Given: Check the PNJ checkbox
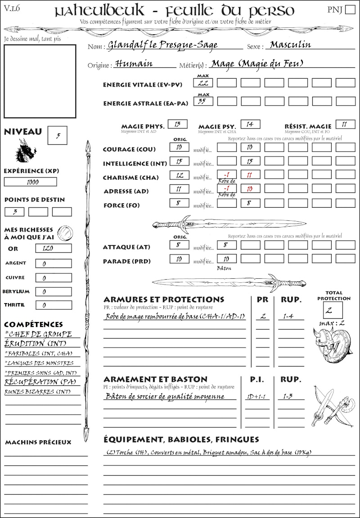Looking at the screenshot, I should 349,10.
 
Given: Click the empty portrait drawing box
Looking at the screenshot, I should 40,81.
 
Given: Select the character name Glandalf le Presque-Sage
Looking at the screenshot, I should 162,45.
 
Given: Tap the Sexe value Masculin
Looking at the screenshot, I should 290,45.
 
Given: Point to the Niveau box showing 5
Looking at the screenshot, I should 58,135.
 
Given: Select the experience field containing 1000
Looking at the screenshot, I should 31,182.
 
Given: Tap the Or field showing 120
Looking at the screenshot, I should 53,248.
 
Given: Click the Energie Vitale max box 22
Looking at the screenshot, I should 203,83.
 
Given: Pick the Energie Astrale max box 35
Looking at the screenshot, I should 203,102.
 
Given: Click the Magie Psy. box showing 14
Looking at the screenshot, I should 250,124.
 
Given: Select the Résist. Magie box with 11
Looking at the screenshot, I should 345,124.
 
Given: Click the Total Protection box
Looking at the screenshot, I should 333,310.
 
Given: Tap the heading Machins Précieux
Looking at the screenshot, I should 38,442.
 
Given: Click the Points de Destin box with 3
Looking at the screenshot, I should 14,212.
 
